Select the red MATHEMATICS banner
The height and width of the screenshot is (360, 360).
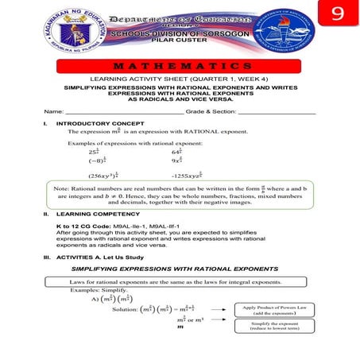click(x=180, y=65)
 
